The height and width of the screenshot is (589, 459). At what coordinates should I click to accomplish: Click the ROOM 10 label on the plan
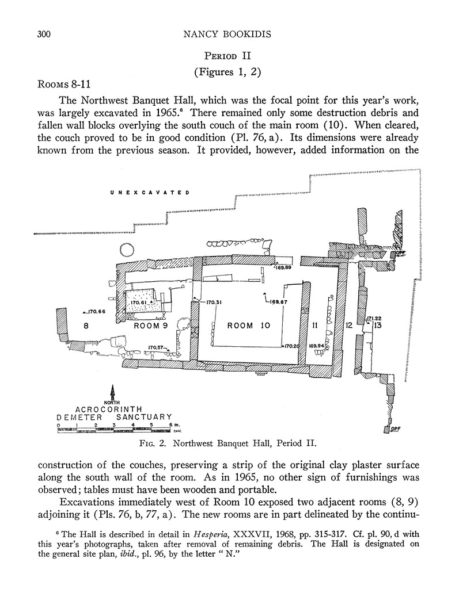click(x=249, y=326)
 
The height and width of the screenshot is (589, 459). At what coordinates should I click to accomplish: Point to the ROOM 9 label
click(x=150, y=326)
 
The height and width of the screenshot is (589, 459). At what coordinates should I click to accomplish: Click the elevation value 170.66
click(x=96, y=312)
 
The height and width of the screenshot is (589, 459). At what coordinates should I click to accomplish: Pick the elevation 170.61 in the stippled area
click(x=140, y=302)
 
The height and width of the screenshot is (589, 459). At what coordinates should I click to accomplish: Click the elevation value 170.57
click(x=157, y=347)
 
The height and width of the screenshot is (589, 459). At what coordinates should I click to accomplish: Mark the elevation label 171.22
click(x=375, y=318)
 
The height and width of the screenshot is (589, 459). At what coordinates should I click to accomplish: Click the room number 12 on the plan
click(x=348, y=326)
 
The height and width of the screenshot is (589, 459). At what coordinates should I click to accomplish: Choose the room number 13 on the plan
click(x=377, y=326)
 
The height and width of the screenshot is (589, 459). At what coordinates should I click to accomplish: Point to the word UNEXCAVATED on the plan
click(x=150, y=193)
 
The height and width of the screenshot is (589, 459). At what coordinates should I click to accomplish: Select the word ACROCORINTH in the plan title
click(x=113, y=408)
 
